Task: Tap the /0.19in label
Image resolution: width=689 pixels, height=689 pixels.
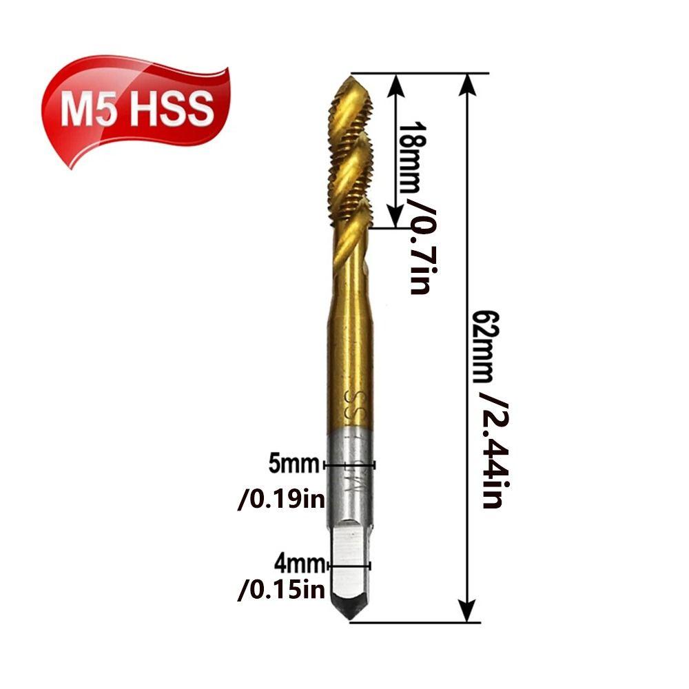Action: point(281,499)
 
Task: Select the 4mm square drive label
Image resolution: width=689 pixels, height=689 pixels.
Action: point(298,565)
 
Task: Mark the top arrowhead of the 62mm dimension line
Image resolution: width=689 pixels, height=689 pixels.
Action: point(468,83)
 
